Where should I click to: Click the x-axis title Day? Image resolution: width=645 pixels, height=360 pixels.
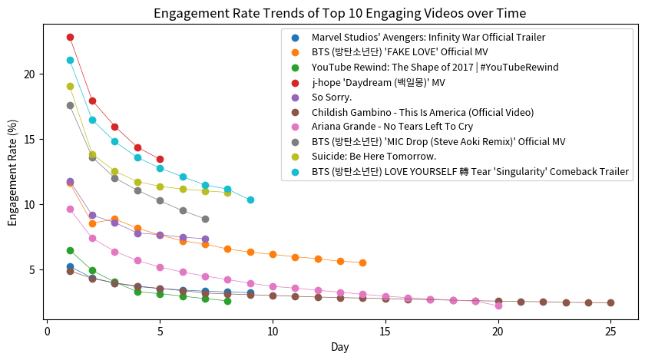339,347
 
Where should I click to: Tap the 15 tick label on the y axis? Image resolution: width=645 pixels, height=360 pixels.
28,139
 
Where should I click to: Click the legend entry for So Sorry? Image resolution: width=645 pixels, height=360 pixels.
332,97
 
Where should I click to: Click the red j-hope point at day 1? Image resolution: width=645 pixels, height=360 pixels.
70,37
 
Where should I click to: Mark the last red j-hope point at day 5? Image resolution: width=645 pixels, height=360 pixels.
160,159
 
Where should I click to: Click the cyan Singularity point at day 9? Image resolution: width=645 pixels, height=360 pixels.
250,200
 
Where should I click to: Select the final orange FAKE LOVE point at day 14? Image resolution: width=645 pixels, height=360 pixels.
362,263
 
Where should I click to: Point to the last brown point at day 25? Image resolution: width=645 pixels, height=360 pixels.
610,302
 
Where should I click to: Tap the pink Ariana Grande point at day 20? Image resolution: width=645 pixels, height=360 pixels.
498,306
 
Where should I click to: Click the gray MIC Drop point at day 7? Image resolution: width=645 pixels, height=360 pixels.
205,219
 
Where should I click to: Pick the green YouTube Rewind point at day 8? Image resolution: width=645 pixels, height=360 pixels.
227,301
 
